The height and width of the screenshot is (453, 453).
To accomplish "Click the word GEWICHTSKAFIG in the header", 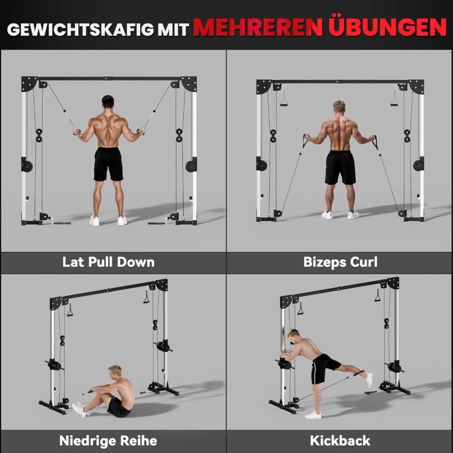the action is pyautogui.click(x=81, y=29).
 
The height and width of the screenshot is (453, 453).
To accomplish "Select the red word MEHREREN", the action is pyautogui.click(x=258, y=27).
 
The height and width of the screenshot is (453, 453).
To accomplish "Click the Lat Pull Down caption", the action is pyautogui.click(x=108, y=262).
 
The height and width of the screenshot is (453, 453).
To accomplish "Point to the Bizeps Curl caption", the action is pyautogui.click(x=340, y=262).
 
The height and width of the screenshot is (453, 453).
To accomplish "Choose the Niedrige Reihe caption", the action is pyautogui.click(x=108, y=441).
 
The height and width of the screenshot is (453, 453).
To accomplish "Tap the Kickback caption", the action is pyautogui.click(x=340, y=441).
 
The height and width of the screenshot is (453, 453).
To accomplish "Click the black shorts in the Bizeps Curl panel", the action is pyautogui.click(x=340, y=168).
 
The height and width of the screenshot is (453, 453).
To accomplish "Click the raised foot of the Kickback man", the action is pyautogui.click(x=369, y=380).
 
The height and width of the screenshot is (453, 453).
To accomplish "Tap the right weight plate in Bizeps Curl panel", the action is pyautogui.click(x=418, y=165).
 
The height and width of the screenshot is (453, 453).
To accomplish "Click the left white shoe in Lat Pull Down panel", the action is pyautogui.click(x=94, y=220).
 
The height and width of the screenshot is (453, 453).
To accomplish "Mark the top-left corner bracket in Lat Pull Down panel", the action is pyautogui.click(x=29, y=84).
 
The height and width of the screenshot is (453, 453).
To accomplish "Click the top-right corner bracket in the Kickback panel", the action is pyautogui.click(x=393, y=283).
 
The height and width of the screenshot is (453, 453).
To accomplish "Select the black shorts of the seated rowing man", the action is pyautogui.click(x=119, y=408).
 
